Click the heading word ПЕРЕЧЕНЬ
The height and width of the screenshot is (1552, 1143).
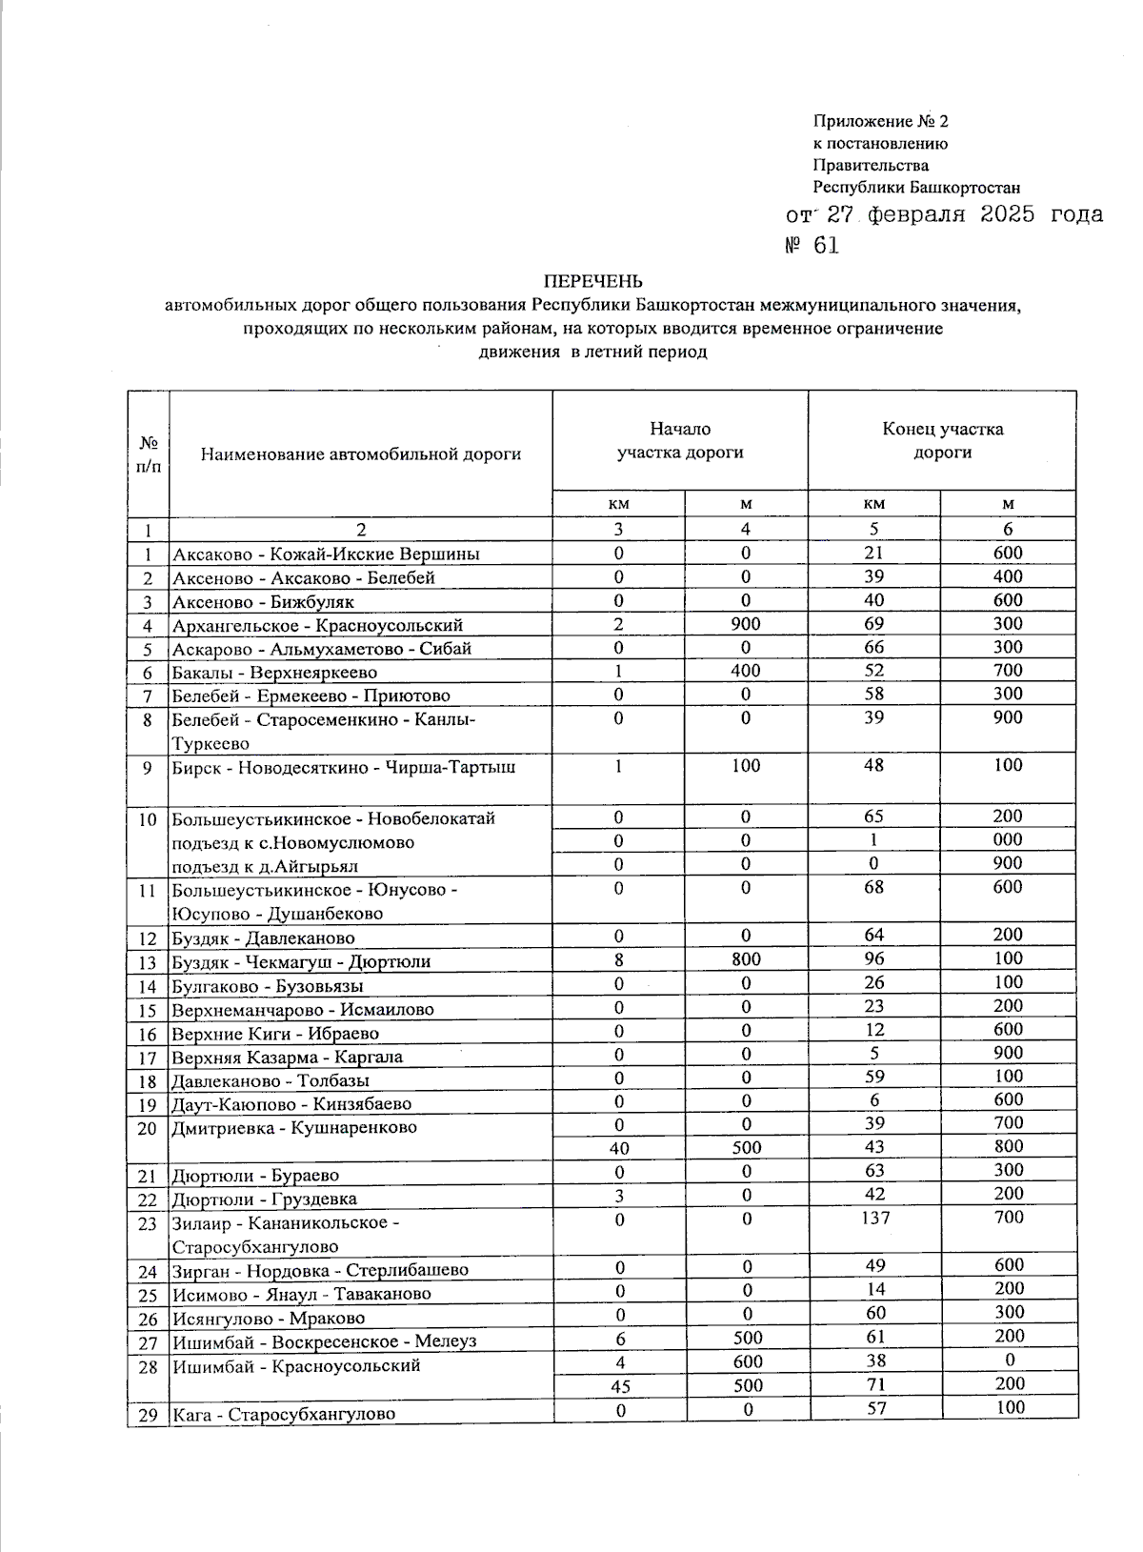click(x=592, y=281)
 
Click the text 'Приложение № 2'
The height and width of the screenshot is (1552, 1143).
click(x=880, y=122)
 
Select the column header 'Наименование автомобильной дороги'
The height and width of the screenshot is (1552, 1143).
click(x=361, y=454)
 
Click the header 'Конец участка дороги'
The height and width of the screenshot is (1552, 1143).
click(x=942, y=440)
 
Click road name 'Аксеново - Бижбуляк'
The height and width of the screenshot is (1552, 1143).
click(x=263, y=602)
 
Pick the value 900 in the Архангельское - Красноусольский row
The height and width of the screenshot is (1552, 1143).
click(x=746, y=624)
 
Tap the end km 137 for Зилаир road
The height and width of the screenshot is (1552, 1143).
click(x=874, y=1218)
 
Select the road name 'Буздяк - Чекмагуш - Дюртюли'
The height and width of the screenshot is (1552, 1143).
click(x=301, y=962)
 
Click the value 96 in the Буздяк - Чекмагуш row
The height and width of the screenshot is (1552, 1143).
click(x=874, y=958)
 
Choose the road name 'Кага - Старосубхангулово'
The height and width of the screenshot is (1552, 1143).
click(x=284, y=1415)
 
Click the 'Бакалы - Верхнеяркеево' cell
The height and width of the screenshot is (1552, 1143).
click(x=262, y=672)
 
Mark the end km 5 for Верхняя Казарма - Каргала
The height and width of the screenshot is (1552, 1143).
click(x=874, y=1053)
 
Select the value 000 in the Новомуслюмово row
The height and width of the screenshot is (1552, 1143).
click(x=1008, y=839)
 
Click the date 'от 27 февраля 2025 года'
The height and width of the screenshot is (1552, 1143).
click(x=944, y=214)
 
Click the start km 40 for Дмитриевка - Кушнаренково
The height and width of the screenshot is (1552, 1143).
click(x=619, y=1148)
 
